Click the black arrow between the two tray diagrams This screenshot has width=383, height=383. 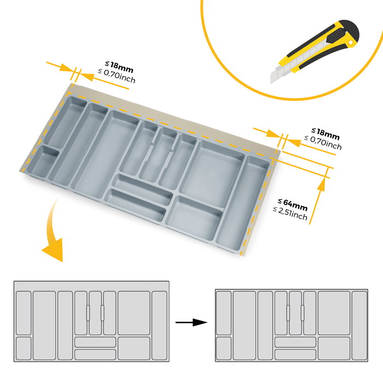click(191, 323)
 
